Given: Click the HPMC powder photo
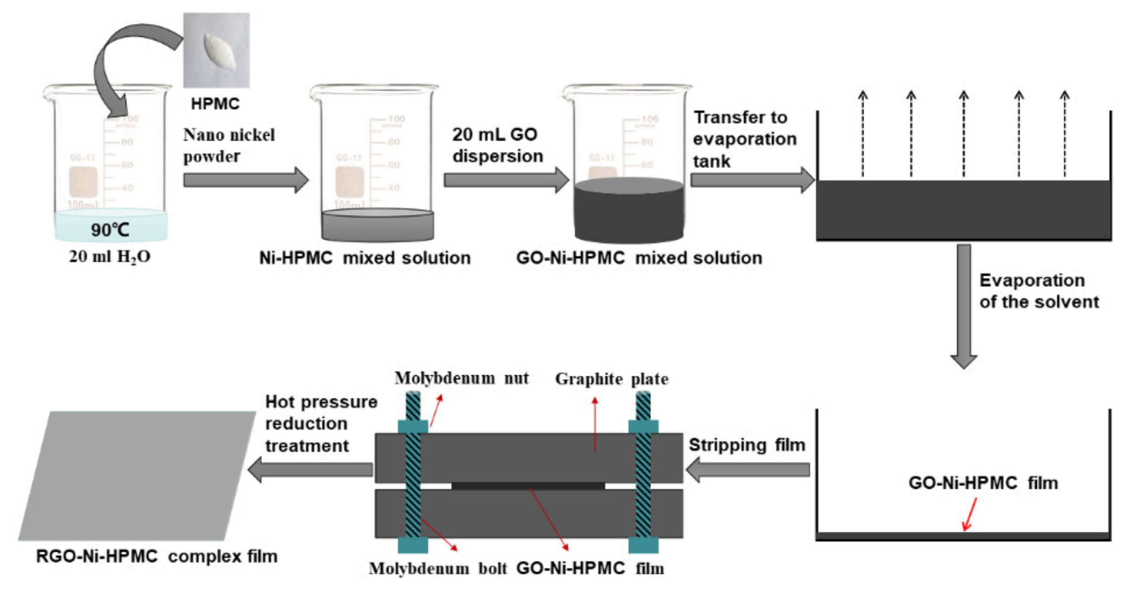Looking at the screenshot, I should coord(216,50).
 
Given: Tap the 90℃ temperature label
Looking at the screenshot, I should coord(110,230).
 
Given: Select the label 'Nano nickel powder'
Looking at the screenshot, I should coord(229,145).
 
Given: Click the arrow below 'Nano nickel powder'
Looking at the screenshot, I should coord(246,180).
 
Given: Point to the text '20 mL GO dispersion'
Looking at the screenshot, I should coord(497,145).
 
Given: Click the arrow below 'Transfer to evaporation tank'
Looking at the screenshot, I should coord(751,180).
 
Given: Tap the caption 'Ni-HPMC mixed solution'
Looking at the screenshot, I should coord(365,258).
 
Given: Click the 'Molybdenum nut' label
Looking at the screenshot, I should coord(461,378).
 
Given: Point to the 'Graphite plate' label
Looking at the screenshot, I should coord(611,379).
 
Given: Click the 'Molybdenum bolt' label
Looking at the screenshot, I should coord(437,568).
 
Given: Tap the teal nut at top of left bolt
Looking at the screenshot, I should coord(413,427).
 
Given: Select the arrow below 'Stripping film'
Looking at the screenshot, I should coord(748,470).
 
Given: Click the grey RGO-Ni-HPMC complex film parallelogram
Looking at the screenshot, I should coord(137,476).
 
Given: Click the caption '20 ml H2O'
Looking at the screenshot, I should coord(110,257).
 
